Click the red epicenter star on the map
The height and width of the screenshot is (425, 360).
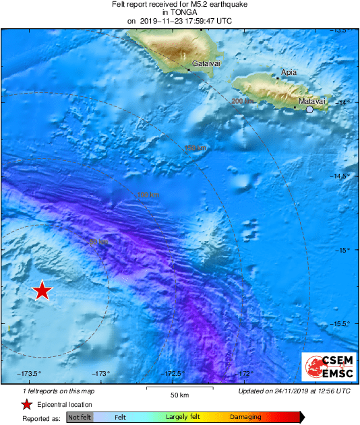point(42,290)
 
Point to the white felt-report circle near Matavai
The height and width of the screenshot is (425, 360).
point(309,109)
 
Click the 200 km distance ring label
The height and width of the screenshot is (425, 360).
point(242,102)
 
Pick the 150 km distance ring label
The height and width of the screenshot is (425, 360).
point(195,148)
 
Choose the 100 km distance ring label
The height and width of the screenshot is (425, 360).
point(148,195)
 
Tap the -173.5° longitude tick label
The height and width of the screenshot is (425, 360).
point(30,374)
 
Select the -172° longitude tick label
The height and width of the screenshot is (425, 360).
point(245,374)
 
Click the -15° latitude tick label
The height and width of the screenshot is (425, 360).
point(343,250)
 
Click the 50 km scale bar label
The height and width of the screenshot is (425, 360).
point(178,395)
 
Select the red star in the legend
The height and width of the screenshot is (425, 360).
point(26,405)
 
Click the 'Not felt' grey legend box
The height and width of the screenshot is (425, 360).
point(80,418)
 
